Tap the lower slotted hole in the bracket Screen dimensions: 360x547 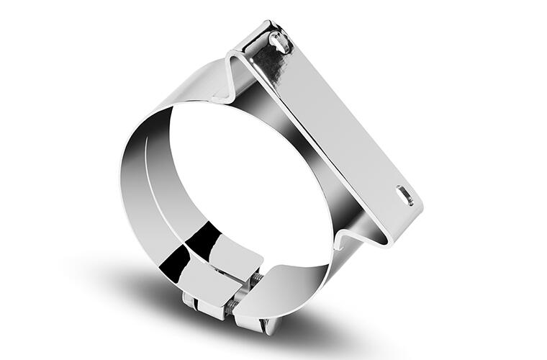404,195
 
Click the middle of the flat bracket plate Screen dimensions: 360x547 338,122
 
